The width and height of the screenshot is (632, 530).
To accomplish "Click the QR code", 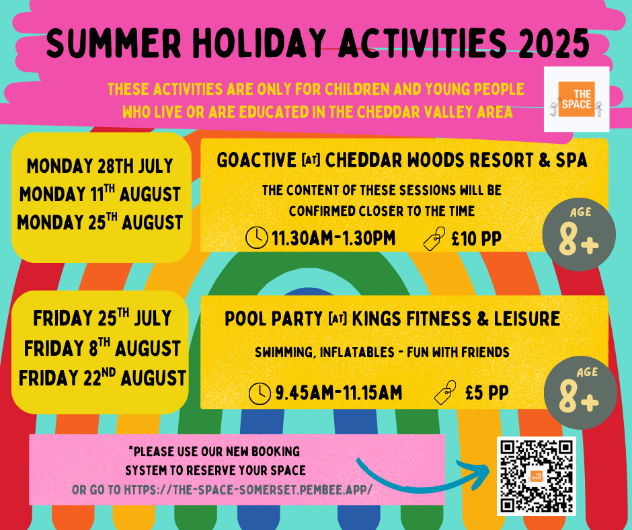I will [536, 475].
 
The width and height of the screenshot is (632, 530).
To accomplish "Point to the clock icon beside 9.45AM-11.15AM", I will [260, 393].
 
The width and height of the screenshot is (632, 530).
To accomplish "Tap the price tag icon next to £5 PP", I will [446, 392].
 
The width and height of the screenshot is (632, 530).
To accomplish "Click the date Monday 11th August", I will [100, 194].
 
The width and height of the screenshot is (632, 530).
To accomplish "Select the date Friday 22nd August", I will [102, 377].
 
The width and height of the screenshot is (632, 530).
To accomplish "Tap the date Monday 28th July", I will [100, 165].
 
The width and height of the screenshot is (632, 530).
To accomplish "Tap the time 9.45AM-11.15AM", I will [338, 393].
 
